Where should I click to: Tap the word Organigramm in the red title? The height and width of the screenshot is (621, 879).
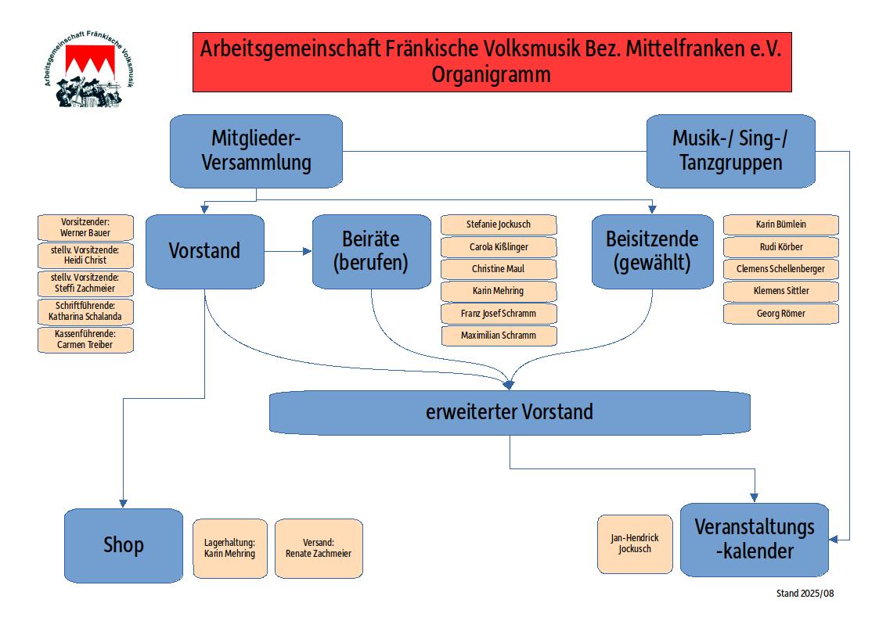click(491, 75)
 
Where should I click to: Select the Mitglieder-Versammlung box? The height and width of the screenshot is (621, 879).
click(256, 151)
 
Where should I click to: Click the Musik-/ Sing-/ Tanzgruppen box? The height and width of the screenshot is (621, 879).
click(730, 151)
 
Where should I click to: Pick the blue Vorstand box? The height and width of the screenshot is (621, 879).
click(204, 251)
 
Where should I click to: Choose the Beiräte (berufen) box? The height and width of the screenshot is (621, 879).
click(371, 251)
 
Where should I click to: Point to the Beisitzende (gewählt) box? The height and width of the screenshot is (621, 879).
click(652, 251)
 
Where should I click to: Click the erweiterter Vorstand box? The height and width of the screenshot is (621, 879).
click(509, 411)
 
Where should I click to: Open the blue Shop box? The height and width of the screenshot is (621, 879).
click(123, 545)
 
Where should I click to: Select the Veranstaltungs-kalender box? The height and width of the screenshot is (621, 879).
click(754, 539)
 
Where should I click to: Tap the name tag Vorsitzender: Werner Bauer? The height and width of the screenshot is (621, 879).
click(85, 228)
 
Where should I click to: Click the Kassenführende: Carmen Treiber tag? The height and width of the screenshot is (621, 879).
click(85, 339)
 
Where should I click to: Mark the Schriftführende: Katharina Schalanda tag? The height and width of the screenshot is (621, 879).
click(85, 311)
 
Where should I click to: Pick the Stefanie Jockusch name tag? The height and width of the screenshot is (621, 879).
click(499, 224)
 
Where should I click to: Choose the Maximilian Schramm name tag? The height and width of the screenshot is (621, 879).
click(499, 336)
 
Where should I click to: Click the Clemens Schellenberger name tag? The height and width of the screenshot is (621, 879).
click(780, 269)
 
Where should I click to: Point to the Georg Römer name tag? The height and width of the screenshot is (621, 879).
click(780, 314)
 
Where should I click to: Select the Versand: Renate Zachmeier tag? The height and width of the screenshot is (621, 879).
click(319, 547)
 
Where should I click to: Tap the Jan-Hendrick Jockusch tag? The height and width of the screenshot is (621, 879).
click(634, 544)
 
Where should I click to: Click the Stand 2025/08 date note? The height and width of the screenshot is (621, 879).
click(805, 594)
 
